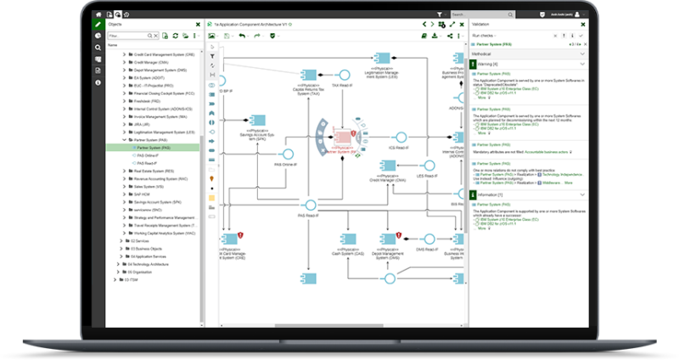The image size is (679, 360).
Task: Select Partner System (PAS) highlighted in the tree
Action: click(153, 148)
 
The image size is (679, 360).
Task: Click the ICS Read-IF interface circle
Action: click(399, 136)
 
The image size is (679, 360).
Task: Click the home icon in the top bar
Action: click(99, 14)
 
